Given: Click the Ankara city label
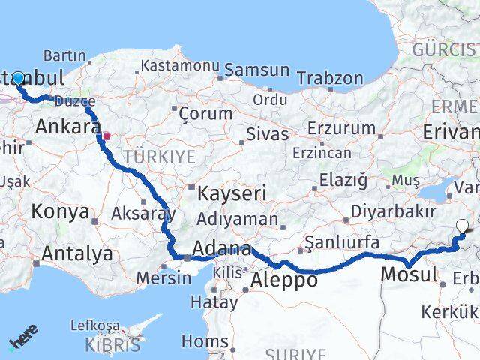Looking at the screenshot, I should click(67, 125).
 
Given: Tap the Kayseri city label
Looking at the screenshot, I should click(232, 193).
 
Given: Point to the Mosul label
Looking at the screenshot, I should click(409, 274).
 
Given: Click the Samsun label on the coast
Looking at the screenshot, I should click(256, 70).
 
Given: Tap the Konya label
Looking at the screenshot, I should click(60, 212).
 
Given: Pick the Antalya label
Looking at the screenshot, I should click(77, 253).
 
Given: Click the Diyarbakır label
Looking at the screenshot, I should click(393, 212).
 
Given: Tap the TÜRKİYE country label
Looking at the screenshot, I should click(159, 157).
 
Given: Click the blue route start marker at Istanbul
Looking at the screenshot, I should click(18, 78).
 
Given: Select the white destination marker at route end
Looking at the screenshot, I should click(461, 224).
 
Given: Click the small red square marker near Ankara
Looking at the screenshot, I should click(106, 137).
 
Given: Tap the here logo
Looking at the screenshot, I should click(22, 337).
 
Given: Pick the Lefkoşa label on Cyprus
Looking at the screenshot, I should click(94, 325).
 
